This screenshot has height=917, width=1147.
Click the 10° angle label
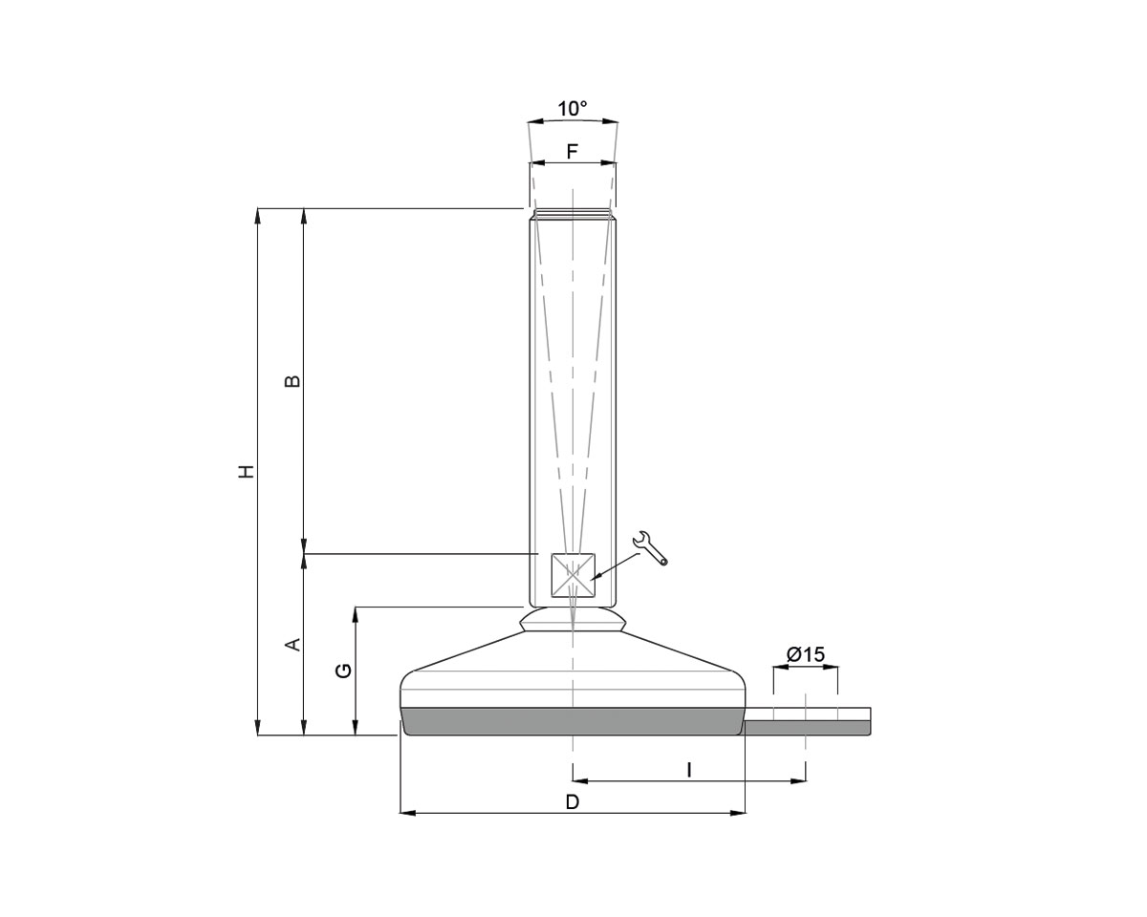point(573,109)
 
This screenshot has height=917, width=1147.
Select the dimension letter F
point(573,152)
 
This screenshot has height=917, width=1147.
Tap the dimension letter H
point(247,471)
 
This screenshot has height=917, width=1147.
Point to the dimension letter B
point(293,380)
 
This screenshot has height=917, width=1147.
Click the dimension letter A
point(293,645)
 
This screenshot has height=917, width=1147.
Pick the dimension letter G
point(344,671)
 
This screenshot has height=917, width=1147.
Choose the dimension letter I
point(689,768)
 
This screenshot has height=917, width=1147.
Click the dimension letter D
point(573,801)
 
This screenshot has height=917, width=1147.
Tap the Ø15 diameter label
point(805,654)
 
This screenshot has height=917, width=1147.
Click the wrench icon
point(650,547)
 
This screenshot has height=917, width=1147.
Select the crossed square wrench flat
point(573,576)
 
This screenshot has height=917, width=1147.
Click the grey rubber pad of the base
point(573,721)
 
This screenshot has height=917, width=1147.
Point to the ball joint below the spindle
point(573,620)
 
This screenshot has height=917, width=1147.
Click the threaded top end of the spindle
point(573,215)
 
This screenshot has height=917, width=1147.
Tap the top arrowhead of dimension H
point(257,215)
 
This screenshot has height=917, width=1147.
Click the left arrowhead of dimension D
point(406,813)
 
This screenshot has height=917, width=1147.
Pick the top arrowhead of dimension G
point(356,613)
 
